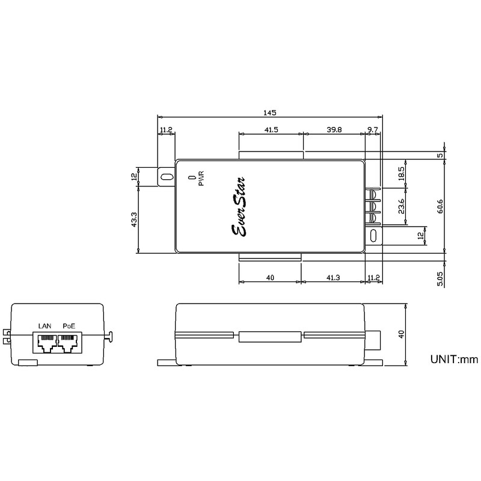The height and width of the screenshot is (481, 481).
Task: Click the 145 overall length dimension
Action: click(269, 112)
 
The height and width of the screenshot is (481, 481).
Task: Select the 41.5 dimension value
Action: click(271, 130)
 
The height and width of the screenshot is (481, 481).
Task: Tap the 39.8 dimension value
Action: click(334, 130)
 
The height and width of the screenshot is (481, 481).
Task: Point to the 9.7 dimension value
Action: click(373, 130)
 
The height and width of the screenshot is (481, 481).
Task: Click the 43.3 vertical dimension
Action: click(133, 219)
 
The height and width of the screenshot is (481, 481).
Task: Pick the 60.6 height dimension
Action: click(440, 206)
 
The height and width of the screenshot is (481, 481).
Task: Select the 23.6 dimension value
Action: click(401, 206)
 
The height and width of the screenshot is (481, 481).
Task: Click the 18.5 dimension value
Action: click(401, 174)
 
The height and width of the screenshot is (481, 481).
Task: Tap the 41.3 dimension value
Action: click(333, 278)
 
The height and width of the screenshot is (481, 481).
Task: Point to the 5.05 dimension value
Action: click(440, 278)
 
